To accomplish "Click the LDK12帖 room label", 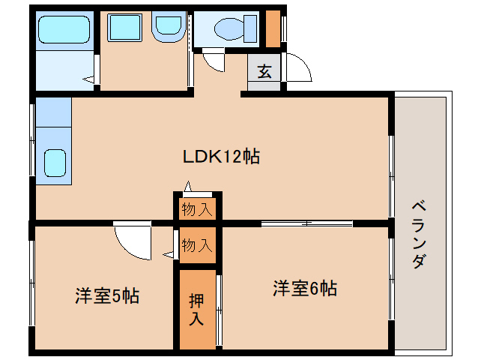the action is click(x=221, y=157).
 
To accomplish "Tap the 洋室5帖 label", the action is click(x=107, y=295).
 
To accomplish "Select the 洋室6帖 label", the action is click(x=305, y=288).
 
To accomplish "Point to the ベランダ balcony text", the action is click(x=419, y=234).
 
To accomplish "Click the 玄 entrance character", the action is click(x=264, y=71).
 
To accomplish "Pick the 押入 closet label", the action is click(x=196, y=310).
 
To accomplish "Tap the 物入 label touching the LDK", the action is click(x=197, y=209).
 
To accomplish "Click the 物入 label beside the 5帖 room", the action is click(x=197, y=245).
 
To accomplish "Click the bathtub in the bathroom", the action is click(x=64, y=29).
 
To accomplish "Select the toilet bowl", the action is click(x=229, y=28).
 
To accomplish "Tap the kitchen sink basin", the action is click(x=55, y=163).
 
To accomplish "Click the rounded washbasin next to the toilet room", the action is click(x=169, y=26).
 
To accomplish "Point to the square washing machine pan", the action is click(x=124, y=28).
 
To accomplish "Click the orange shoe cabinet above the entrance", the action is click(x=273, y=29).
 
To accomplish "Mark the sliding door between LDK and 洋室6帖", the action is click(x=307, y=223).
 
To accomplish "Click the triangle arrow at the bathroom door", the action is click(x=88, y=79).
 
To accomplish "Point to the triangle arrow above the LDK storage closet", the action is click(x=188, y=186).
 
